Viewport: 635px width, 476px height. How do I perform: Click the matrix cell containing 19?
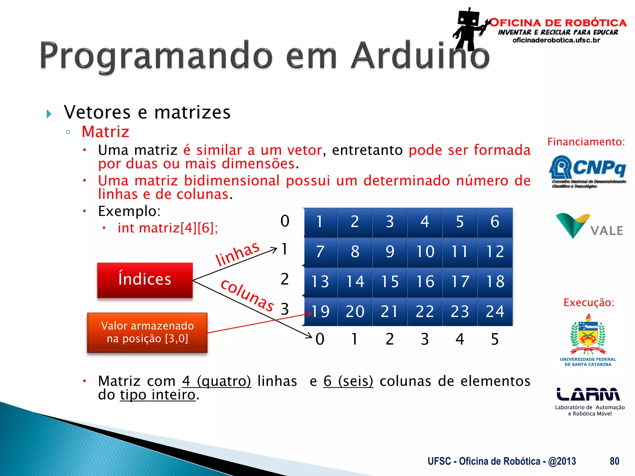320,311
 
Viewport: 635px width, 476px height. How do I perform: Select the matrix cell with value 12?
495,252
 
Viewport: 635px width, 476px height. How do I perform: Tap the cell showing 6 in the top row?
495,222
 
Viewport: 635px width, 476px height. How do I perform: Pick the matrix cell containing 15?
390,282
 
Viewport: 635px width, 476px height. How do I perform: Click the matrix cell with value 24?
495,311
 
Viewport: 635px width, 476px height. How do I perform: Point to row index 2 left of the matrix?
285,279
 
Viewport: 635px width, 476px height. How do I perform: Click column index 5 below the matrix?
495,339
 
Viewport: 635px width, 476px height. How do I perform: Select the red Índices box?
145,280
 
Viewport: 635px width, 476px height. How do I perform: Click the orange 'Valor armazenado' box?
147,332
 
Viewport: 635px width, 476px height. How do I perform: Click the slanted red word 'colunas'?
247,295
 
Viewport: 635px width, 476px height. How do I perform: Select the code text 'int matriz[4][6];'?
168,228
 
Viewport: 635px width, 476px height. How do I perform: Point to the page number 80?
614,461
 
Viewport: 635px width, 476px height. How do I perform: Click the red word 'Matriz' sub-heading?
105,132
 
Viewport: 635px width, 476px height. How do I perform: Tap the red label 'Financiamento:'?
586,142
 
